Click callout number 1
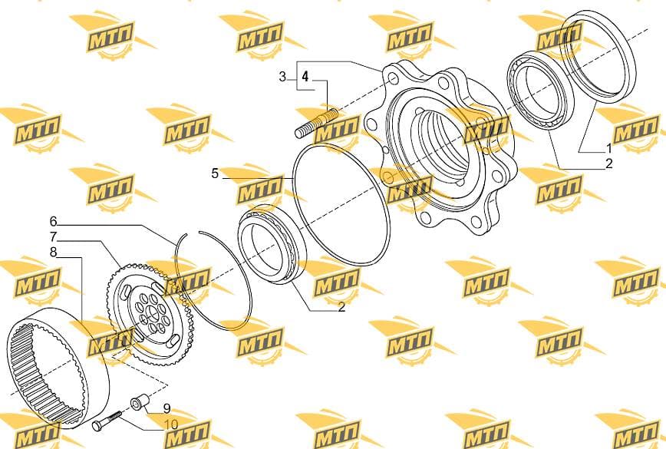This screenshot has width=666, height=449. pyautogui.click(x=608, y=148)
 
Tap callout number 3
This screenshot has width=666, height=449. pyautogui.click(x=282, y=77)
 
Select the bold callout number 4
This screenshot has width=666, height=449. pyautogui.click(x=305, y=77)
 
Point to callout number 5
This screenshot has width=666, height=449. pyautogui.click(x=215, y=173)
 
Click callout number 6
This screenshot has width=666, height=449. pyautogui.click(x=53, y=221)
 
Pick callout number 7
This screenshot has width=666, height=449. pyautogui.click(x=53, y=236)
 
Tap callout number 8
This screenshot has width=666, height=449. pyautogui.click(x=53, y=253)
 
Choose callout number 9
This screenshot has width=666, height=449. pyautogui.click(x=167, y=408)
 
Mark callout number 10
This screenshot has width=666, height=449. pyautogui.click(x=171, y=424)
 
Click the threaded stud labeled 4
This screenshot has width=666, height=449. pyautogui.click(x=316, y=124)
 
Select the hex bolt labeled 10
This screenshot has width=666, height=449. pyautogui.click(x=107, y=420)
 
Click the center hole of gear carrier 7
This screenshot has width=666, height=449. pyautogui.click(x=151, y=315)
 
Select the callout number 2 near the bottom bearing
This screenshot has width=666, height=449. pyautogui.click(x=341, y=307)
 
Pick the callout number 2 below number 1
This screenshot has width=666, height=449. pyautogui.click(x=608, y=163)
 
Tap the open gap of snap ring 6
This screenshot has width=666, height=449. pyautogui.click(x=193, y=233)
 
